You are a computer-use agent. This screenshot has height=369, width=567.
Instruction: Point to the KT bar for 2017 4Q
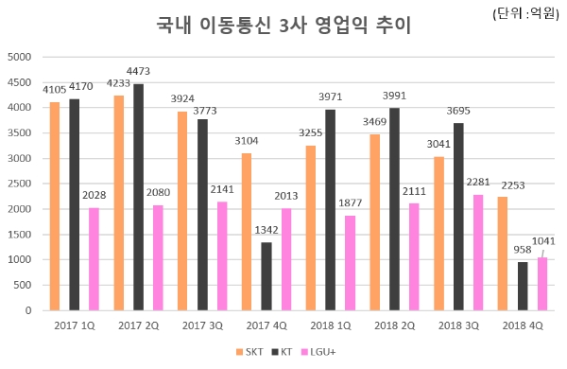coord(266,276)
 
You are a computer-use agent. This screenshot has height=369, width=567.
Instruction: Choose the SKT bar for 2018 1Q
coord(311,227)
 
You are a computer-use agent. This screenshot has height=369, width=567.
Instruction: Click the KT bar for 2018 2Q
coord(394,209)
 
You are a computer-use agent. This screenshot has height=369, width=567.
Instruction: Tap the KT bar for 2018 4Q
coord(523,286)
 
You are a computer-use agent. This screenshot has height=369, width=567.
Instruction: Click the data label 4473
coord(138,71)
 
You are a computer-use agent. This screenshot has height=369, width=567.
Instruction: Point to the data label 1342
coord(267,230)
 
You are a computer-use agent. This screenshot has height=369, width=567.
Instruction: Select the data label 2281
coord(479,183)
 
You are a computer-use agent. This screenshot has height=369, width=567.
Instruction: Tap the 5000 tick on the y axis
coord(21,57)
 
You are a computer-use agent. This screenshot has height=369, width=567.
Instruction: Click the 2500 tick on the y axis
coord(21,184)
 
